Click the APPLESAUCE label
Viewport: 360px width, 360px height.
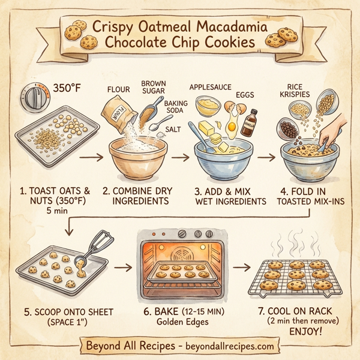pos(211,88)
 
